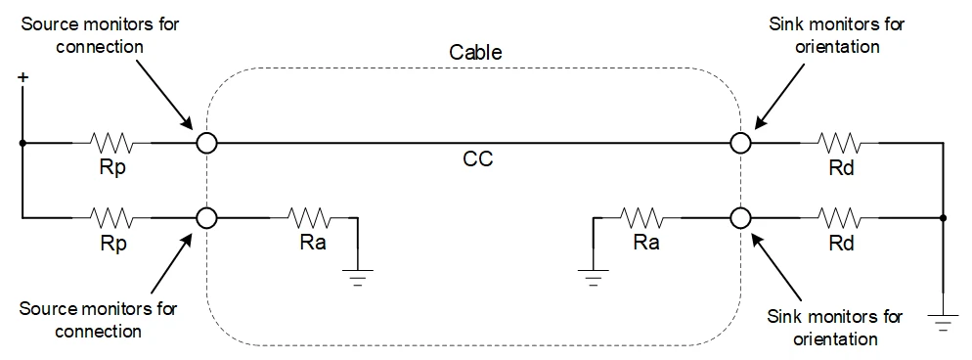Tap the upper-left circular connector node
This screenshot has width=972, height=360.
pyautogui.click(x=206, y=143)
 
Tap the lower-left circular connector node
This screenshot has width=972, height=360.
pyautogui.click(x=206, y=217)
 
